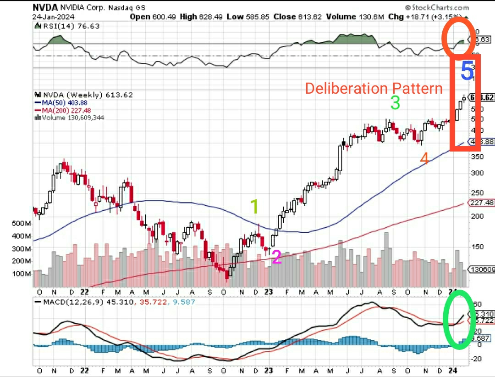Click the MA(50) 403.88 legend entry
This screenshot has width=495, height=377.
(61, 102)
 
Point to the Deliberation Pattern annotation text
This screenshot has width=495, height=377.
(374, 88)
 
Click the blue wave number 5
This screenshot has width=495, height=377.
(467, 72)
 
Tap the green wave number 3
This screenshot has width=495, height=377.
(395, 103)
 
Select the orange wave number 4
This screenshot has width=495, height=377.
(424, 159)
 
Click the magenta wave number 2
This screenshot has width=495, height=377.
(276, 257)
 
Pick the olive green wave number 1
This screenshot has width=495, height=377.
(254, 207)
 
